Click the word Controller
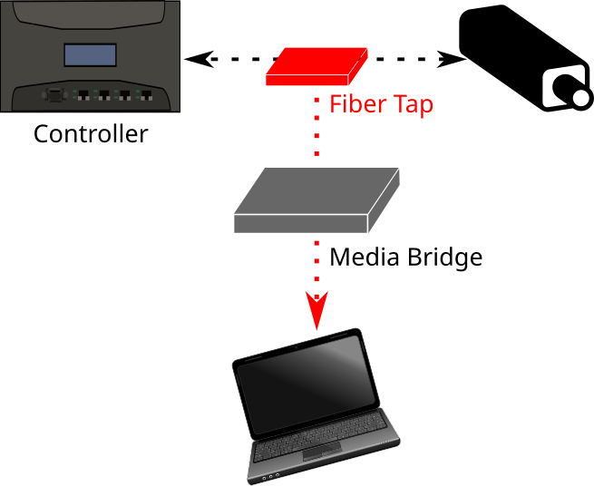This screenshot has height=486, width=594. pyautogui.click(x=90, y=135)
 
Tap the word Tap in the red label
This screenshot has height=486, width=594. pyautogui.click(x=413, y=105)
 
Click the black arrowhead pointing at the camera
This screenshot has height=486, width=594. pyautogui.click(x=451, y=61)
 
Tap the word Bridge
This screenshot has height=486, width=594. pyautogui.click(x=443, y=258)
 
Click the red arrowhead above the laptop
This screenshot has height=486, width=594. pyautogui.click(x=316, y=311)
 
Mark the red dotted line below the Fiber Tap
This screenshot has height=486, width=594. pyautogui.click(x=317, y=127)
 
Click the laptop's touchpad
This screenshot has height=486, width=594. pyautogui.click(x=318, y=454)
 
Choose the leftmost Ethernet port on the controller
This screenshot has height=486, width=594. pyautogui.click(x=83, y=93)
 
